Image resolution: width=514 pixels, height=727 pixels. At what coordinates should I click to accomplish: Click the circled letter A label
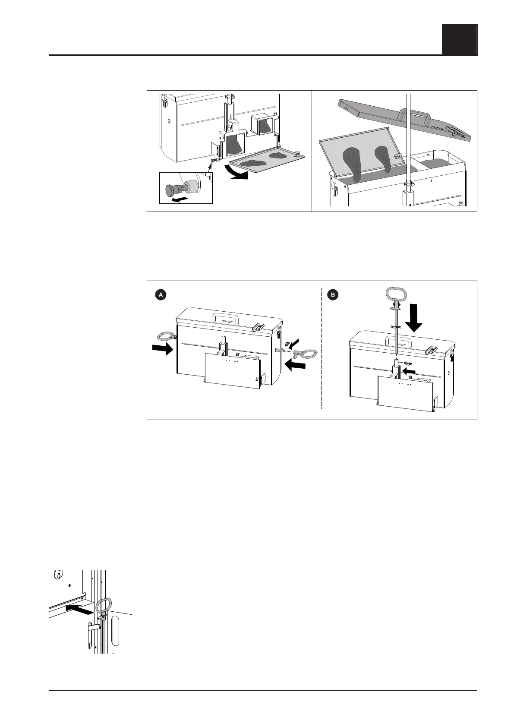[160, 295]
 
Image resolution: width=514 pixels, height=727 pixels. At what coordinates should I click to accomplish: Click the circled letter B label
[333, 295]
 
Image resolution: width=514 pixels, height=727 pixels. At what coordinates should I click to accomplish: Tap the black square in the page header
[459, 39]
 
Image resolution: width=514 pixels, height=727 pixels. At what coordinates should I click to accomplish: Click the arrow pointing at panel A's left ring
[163, 350]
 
